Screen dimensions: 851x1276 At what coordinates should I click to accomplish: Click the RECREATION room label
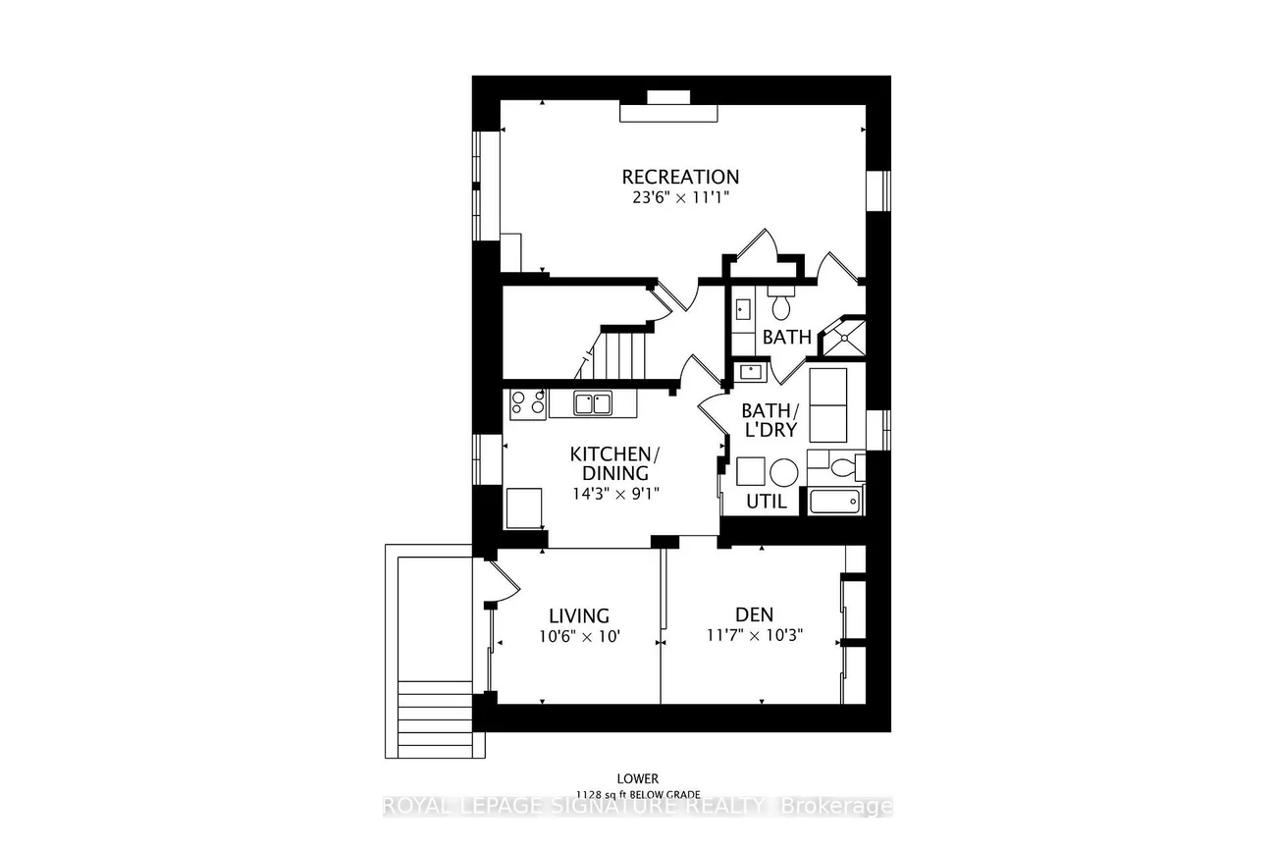(680, 177)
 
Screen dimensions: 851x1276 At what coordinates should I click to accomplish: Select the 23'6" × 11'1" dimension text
(680, 197)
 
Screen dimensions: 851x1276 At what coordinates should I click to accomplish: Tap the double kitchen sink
(594, 402)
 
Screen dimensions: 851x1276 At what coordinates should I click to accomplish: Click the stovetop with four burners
(528, 403)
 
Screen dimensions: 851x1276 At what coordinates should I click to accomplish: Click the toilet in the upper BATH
(781, 305)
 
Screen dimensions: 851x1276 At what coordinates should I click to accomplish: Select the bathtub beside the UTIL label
(834, 502)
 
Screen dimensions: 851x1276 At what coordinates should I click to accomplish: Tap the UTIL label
(767, 502)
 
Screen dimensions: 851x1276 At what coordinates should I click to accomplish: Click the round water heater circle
(783, 472)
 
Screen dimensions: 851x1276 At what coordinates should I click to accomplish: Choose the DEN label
(754, 614)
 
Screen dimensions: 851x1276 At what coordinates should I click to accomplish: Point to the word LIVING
(579, 615)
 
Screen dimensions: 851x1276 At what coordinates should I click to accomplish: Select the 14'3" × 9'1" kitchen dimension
(614, 493)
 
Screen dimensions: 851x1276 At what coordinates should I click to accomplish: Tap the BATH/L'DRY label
(770, 420)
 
